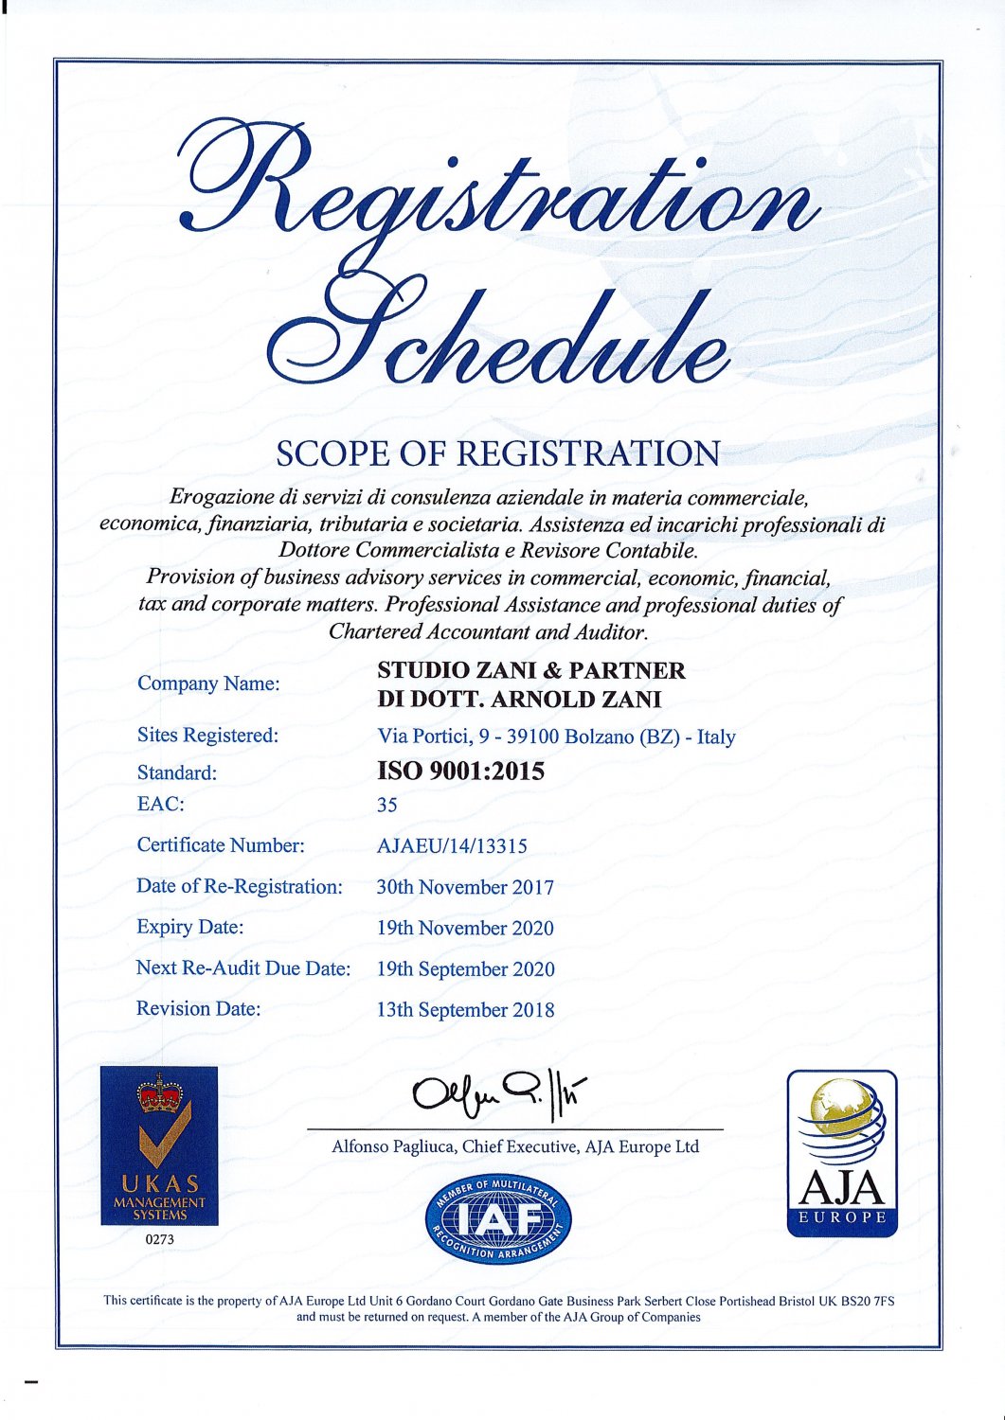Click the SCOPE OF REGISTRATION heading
[x=497, y=453]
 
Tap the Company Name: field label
[x=208, y=683]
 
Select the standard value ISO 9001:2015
[x=460, y=772]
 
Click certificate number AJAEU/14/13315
[x=452, y=845]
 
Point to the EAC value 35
[x=386, y=805]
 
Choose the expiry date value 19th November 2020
[x=465, y=928]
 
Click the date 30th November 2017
[x=465, y=887]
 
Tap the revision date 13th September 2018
[x=465, y=1010]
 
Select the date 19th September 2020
[x=465, y=969]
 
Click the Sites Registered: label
[x=207, y=736]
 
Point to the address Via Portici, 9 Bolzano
[x=556, y=737]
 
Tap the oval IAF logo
[x=498, y=1219]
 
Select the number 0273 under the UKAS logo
[x=159, y=1239]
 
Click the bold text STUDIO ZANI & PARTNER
[x=530, y=670]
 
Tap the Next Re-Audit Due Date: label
[x=243, y=968]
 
